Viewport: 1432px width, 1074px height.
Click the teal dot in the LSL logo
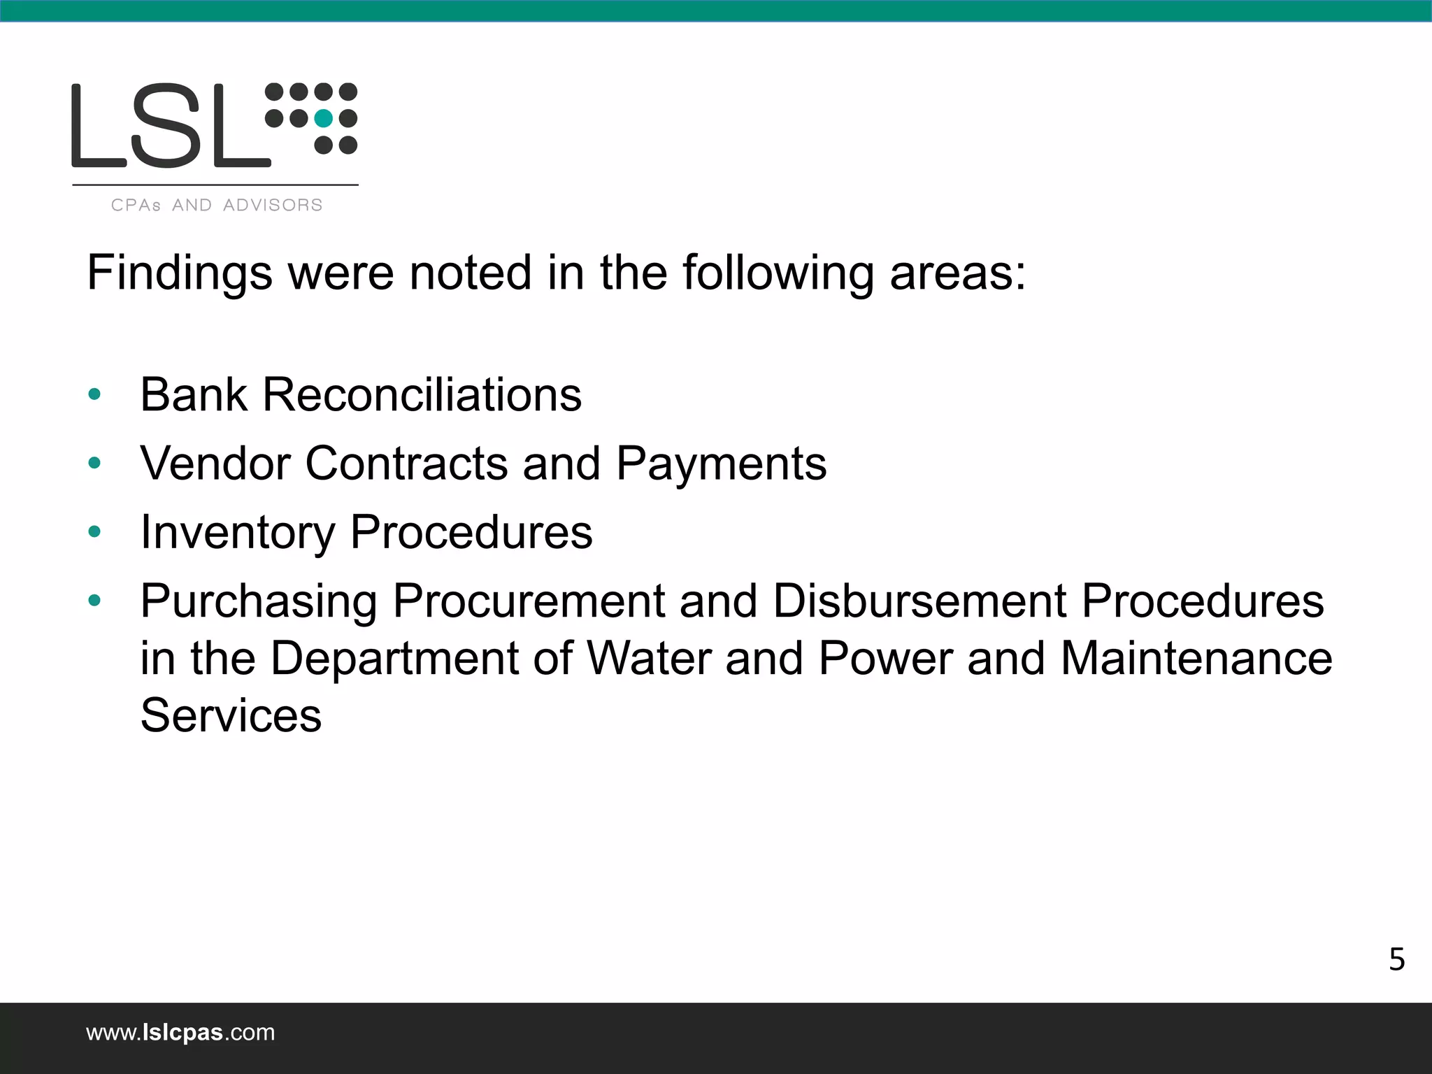[x=323, y=118]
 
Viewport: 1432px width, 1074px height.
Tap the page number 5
[x=1396, y=960]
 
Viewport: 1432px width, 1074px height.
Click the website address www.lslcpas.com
[x=180, y=1033]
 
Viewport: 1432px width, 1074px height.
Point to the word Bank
[x=193, y=394]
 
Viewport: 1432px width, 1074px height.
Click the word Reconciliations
[x=422, y=394]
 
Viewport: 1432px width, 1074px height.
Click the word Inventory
[x=238, y=532]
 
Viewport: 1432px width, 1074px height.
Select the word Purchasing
[x=259, y=601]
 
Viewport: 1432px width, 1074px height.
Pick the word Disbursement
[x=919, y=601]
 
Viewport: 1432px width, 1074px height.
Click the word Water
[x=648, y=659]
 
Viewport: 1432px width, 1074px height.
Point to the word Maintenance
[x=1196, y=659]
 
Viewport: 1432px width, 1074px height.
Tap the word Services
[x=231, y=715]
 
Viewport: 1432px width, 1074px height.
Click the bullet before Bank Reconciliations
[x=95, y=395]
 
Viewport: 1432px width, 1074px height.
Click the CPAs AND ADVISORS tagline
[x=217, y=205]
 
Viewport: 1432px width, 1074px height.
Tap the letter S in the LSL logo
[x=171, y=126]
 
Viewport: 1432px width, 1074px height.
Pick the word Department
[x=394, y=659]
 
